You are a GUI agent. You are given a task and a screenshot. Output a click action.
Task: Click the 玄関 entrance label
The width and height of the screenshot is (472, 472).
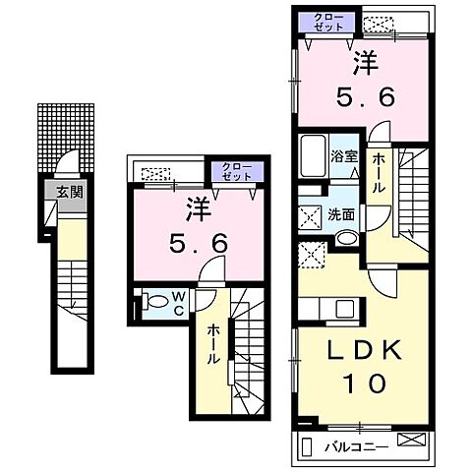click(x=69, y=193)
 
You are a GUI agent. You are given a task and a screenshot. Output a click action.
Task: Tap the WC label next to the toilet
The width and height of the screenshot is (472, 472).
click(x=178, y=304)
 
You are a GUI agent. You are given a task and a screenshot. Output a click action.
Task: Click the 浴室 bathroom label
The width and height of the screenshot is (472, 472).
click(x=343, y=156)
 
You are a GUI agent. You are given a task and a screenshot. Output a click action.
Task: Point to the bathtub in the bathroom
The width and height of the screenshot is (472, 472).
click(x=314, y=156)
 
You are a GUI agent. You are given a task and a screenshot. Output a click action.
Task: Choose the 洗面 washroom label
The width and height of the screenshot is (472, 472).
click(x=341, y=214)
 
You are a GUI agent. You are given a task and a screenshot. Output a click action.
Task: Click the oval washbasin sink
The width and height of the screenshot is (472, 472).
click(x=347, y=237)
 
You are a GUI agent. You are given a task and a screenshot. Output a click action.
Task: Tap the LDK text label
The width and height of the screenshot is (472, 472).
click(x=365, y=350)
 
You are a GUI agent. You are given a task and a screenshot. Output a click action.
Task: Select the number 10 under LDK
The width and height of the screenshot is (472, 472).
click(x=364, y=383)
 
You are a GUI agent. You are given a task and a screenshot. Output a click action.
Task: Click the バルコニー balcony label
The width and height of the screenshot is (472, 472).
click(x=356, y=446)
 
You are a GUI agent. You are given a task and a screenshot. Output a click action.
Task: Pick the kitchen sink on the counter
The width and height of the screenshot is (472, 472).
click(x=344, y=309)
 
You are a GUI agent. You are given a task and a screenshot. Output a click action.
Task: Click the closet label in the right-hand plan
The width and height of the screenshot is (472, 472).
click(x=328, y=22)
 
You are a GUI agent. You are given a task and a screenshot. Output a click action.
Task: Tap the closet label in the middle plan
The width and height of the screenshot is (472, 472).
click(x=237, y=171)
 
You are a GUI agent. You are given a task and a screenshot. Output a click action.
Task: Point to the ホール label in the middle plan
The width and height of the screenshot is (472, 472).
click(x=213, y=344)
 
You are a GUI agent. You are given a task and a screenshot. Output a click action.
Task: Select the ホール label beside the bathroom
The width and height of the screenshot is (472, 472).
click(x=379, y=173)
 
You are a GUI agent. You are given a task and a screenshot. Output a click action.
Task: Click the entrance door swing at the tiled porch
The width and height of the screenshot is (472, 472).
click(x=67, y=160)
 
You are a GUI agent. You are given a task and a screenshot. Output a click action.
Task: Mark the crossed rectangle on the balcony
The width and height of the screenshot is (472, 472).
click(x=411, y=440)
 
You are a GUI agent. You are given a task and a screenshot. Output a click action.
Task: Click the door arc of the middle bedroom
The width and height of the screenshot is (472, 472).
click(x=212, y=268)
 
